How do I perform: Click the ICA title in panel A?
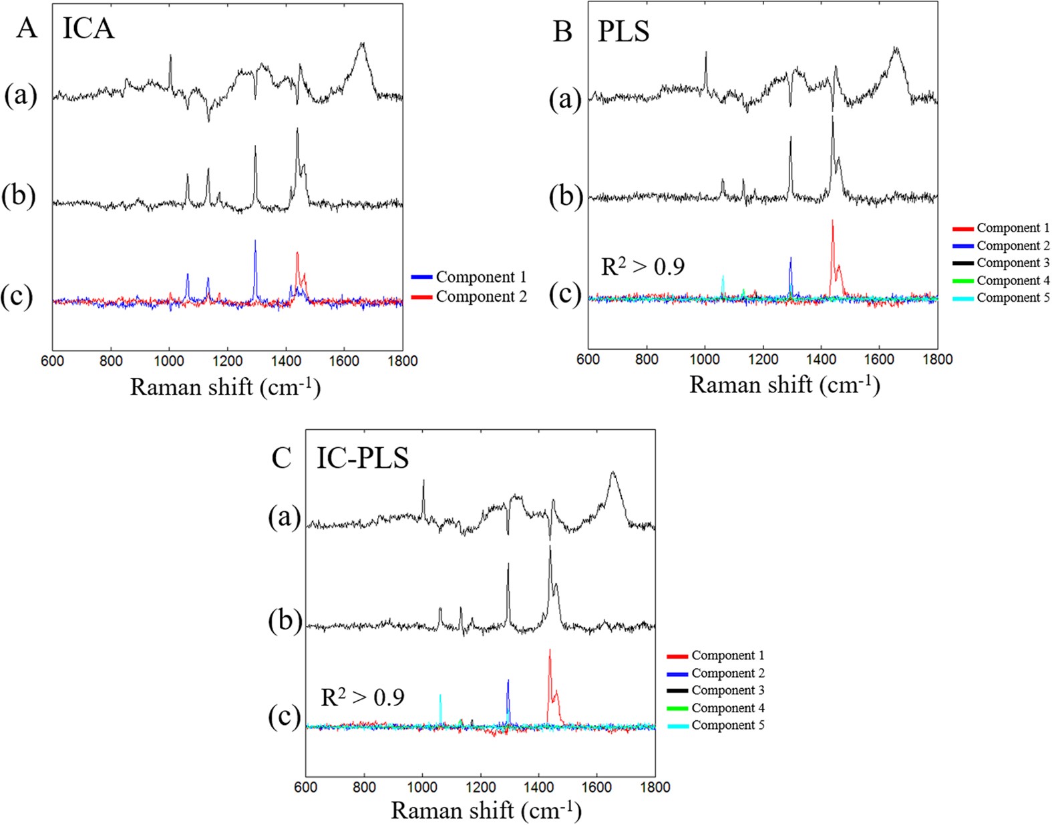(88, 29)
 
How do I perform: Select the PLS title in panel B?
(623, 31)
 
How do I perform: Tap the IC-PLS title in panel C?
(362, 458)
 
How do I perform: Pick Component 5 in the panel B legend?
(1013, 298)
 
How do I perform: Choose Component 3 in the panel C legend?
(727, 690)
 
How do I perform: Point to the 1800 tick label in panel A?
(402, 360)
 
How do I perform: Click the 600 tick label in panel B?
(588, 359)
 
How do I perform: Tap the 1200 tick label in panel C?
(480, 787)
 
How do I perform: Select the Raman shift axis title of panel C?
(486, 810)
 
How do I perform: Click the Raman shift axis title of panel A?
(225, 386)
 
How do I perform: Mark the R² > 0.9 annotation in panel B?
(643, 266)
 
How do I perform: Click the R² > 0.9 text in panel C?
(363, 697)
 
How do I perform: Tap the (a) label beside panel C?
(285, 517)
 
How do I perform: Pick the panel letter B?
(562, 31)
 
